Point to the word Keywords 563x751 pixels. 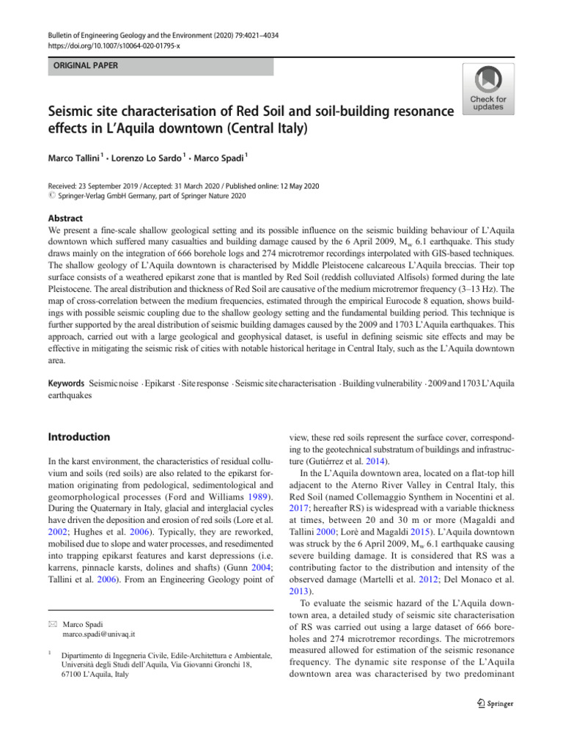pos(67,384)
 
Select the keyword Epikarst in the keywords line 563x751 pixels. pos(160,384)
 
